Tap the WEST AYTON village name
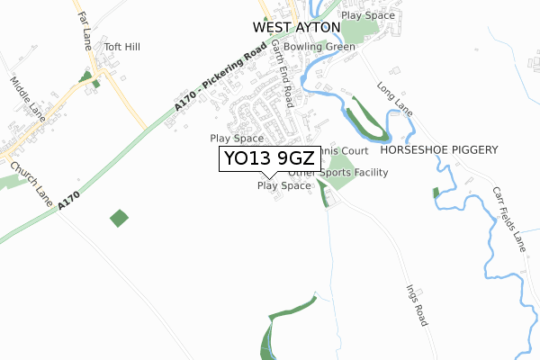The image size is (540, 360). tap(288, 28)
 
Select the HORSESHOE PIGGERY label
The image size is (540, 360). tap(438, 150)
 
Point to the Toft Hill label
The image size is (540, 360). tap(122, 47)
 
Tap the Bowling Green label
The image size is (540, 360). tap(320, 46)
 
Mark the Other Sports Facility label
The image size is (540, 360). tap(338, 172)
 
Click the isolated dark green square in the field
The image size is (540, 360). tap(119, 218)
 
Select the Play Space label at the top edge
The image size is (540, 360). tap(369, 15)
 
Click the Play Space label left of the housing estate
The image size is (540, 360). tap(237, 139)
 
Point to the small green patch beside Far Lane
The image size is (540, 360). tap(86, 77)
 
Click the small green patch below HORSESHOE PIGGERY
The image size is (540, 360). tap(436, 192)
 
